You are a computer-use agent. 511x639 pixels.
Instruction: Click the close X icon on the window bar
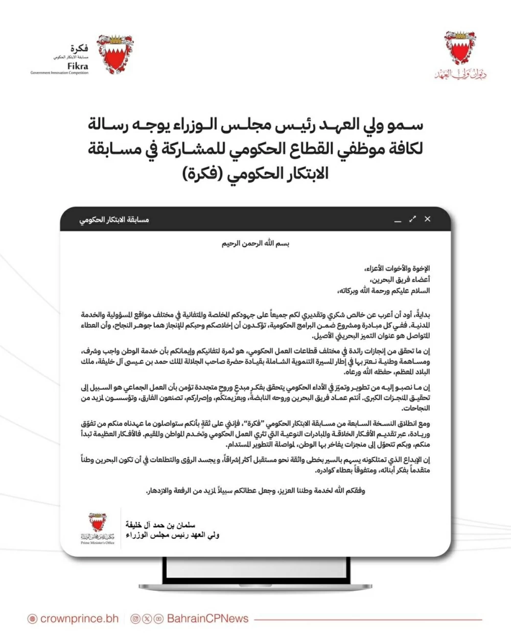click(427, 219)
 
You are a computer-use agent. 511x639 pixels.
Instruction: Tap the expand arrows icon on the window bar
click(412, 220)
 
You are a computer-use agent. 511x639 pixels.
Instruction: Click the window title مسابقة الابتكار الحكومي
click(114, 220)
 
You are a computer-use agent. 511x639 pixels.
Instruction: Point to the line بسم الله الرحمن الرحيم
click(255, 244)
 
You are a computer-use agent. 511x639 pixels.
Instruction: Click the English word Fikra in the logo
click(78, 66)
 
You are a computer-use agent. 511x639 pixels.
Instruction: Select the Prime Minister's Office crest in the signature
click(97, 524)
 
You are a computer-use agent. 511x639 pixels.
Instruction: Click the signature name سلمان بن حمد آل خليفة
click(160, 525)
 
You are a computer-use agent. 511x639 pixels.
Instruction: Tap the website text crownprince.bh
click(79, 619)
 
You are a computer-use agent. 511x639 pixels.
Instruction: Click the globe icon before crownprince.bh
click(32, 619)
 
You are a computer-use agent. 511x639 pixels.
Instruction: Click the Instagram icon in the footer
click(135, 619)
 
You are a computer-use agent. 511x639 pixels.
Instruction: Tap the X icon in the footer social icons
click(147, 619)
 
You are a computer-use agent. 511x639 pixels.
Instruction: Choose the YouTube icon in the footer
click(159, 619)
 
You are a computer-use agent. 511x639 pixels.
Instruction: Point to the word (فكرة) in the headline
click(204, 174)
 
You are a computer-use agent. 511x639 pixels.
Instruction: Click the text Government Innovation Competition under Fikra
click(59, 73)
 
